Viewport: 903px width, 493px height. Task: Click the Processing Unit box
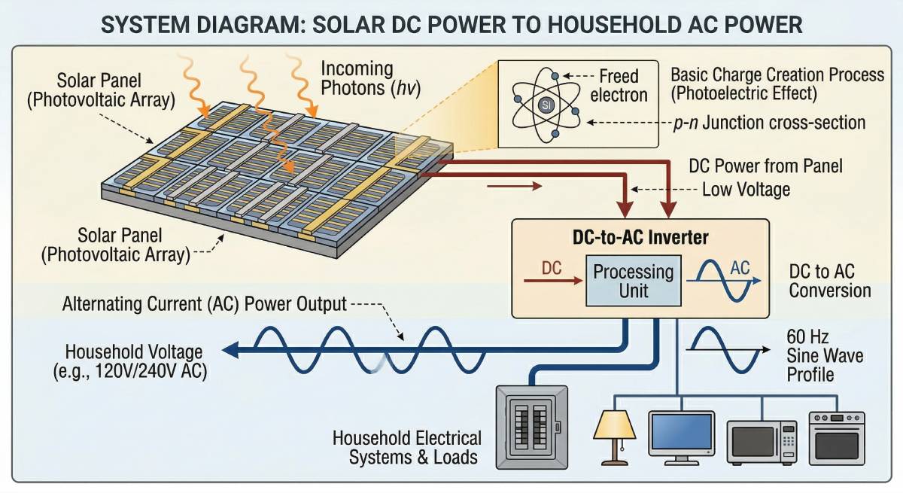pos(634,281)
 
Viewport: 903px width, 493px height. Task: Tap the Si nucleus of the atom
pos(546,104)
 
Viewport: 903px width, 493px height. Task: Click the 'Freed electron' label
pos(619,86)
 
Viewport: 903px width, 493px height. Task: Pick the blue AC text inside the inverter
pos(740,268)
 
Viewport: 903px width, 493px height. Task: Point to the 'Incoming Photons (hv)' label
pos(369,78)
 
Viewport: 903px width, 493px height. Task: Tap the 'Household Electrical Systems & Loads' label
pos(406,447)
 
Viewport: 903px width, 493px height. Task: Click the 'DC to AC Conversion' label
pos(830,281)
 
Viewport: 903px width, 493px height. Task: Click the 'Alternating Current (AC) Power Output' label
pos(204,305)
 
